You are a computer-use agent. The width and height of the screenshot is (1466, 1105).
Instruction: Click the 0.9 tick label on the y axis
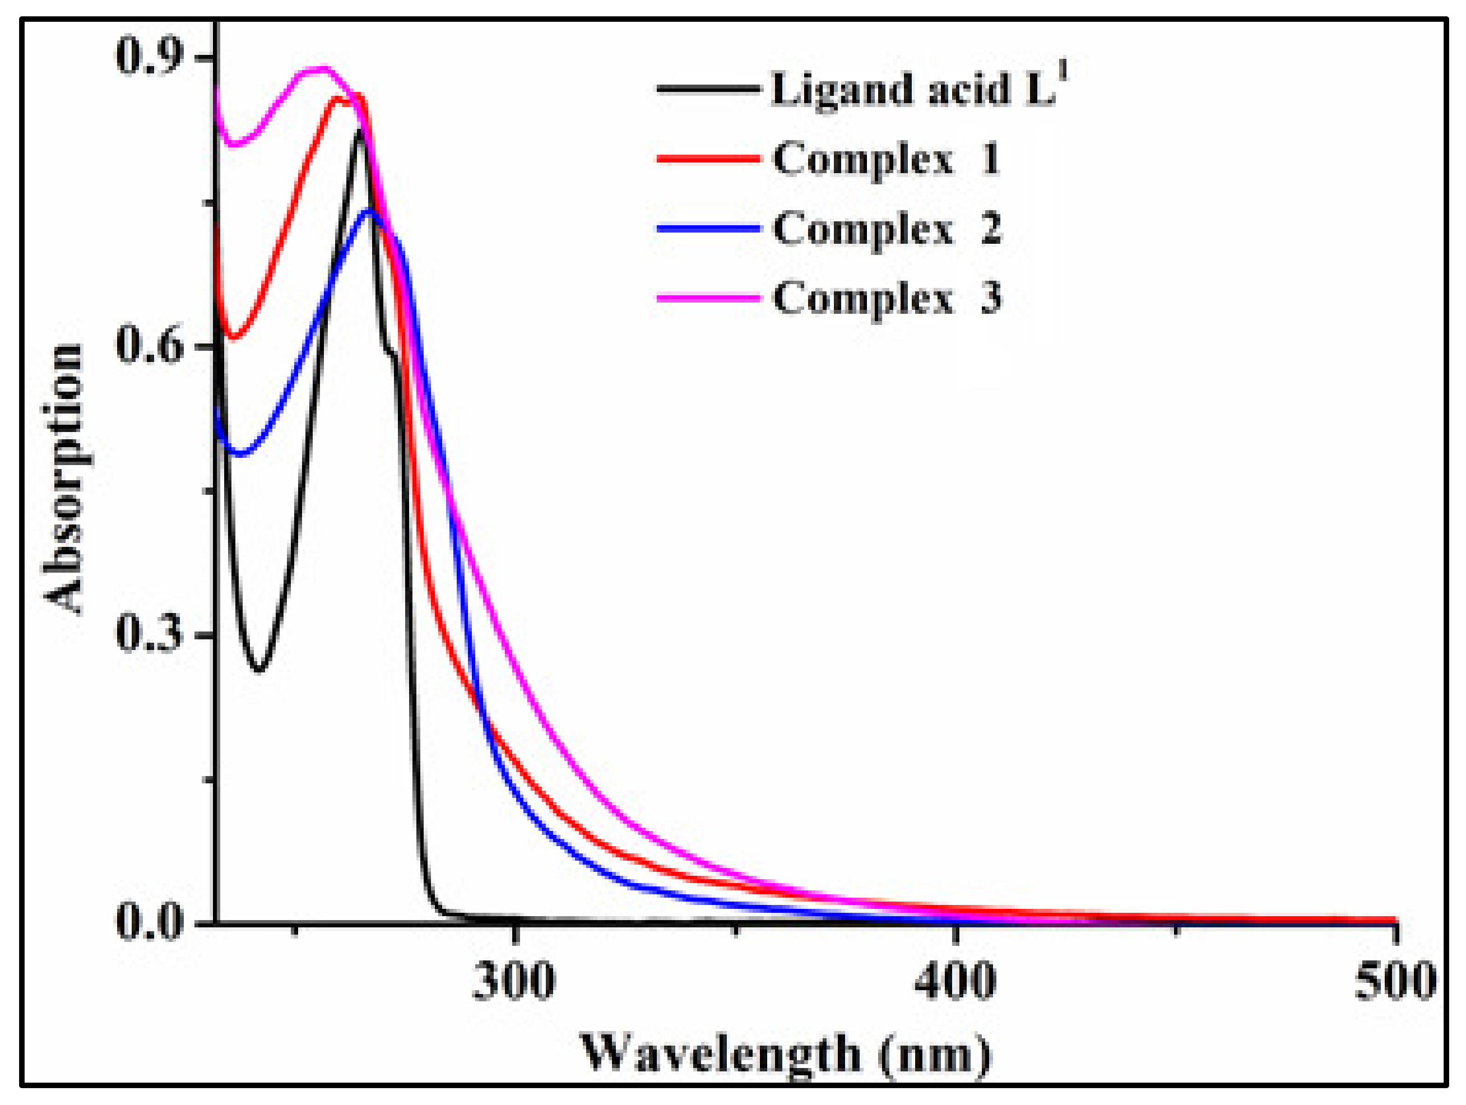[149, 57]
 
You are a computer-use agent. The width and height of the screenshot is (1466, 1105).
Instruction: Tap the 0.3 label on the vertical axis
[149, 633]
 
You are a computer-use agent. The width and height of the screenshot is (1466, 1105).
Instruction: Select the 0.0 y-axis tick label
[149, 921]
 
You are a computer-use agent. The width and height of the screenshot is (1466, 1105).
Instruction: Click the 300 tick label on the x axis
[514, 981]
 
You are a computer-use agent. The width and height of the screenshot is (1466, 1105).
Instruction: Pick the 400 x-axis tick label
[954, 981]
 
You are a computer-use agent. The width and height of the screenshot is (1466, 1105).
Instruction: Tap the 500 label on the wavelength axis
[1395, 981]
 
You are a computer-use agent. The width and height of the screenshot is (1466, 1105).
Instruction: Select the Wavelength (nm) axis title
[785, 1054]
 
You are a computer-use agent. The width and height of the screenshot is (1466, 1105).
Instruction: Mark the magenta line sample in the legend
[708, 298]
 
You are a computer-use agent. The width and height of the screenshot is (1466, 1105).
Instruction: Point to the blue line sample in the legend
[708, 229]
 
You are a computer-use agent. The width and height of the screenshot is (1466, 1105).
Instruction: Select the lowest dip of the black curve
[259, 670]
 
